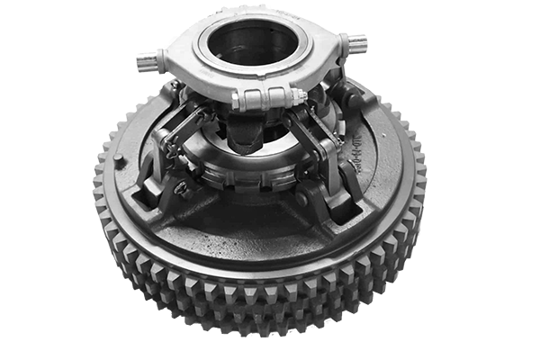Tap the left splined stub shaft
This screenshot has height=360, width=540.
148,61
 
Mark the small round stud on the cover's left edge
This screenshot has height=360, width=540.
119,159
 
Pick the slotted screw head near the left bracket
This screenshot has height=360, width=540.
182,188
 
